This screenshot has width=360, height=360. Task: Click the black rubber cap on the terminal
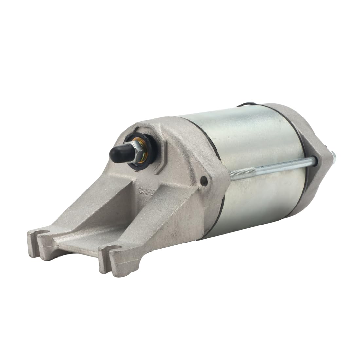pyautogui.click(x=117, y=153)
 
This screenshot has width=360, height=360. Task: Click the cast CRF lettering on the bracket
pyautogui.click(x=145, y=190)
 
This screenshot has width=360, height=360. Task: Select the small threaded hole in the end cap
pyautogui.click(x=205, y=179)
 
